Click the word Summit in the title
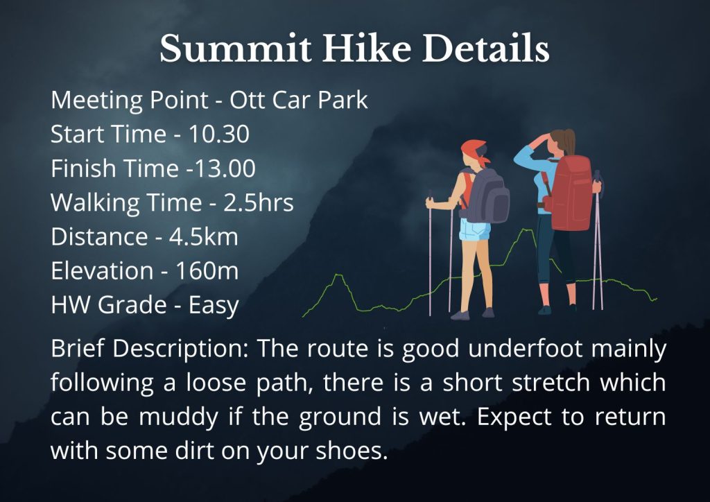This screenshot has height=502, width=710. (236, 48)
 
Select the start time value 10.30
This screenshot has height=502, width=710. (218, 134)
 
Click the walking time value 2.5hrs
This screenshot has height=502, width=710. (259, 202)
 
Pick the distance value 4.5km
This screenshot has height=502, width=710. (204, 236)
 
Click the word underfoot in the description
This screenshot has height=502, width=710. (526, 349)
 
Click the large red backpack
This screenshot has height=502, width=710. (571, 193)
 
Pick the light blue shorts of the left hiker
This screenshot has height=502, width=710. (474, 230)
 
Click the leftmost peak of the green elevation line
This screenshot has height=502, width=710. (338, 275)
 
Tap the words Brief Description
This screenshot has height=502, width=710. (150, 349)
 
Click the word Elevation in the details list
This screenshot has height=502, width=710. (102, 270)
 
